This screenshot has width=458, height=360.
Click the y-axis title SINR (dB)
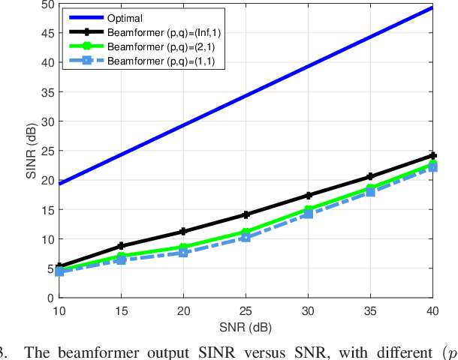coord(31,150)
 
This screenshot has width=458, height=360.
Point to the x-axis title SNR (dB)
coord(245,327)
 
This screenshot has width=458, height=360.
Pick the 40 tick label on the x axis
coord(432,310)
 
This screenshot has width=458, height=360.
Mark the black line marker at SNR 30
coord(307,195)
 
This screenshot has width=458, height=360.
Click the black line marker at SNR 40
coord(432,156)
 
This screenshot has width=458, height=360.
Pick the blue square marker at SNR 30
coord(307,214)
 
